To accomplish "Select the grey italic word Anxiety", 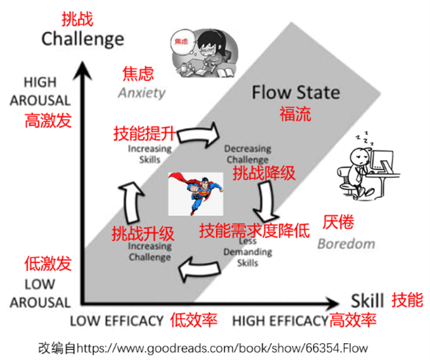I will [143, 93].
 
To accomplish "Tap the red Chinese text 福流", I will [295, 114].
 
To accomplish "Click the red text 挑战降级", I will [264, 173].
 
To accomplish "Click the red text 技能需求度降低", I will [254, 230].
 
